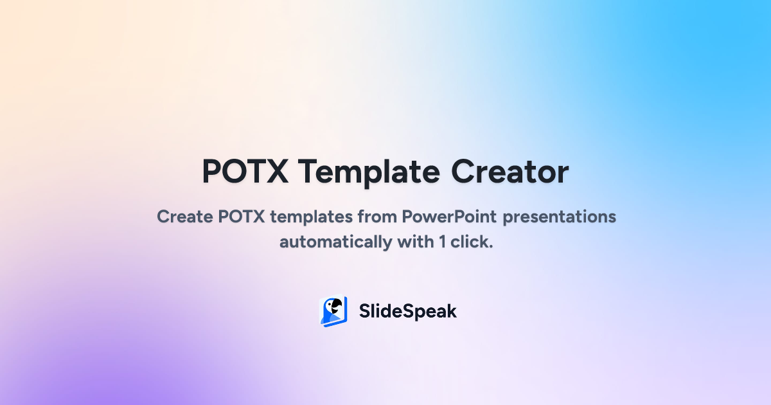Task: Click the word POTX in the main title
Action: (x=245, y=172)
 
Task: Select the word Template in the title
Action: (x=369, y=173)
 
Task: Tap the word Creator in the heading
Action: (x=510, y=172)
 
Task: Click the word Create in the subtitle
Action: (x=185, y=217)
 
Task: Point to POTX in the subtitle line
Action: (x=242, y=217)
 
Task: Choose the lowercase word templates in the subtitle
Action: (x=311, y=218)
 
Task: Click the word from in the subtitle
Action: (x=377, y=217)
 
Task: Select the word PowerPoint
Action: (x=449, y=217)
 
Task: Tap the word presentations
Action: (x=560, y=218)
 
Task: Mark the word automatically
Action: (x=335, y=242)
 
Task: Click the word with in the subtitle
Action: (x=416, y=242)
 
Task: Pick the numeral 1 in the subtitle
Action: (x=442, y=242)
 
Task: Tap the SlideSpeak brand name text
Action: (x=408, y=311)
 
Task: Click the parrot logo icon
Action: (x=333, y=311)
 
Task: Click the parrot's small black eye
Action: (x=331, y=305)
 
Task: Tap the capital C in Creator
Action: (x=463, y=172)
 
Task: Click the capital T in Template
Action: (x=309, y=172)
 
